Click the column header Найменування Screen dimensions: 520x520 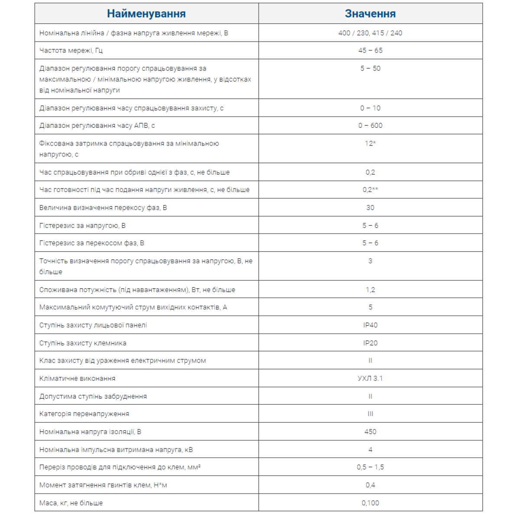pos(146,14)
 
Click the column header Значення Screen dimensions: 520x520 pos(370,14)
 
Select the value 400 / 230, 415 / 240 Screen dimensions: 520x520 pos(370,33)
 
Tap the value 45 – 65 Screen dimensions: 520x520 pos(370,51)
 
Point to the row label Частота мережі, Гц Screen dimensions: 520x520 pos(71,51)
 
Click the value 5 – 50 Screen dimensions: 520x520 pos(370,68)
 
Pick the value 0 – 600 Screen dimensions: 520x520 pos(370,126)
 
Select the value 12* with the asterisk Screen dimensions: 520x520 pos(370,143)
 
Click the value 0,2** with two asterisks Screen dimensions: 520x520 pos(370,190)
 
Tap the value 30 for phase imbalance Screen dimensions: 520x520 pos(370,208)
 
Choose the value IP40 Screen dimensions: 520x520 pos(370,325)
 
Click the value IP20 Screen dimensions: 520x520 pos(370,343)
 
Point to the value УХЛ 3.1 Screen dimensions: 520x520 pos(370,378)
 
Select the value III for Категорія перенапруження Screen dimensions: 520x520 pos(370,414)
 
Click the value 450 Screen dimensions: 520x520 pos(370,432)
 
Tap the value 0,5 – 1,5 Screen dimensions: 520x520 pos(370,467)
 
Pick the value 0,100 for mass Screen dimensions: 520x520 pos(370,503)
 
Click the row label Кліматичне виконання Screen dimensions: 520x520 pos(78,378)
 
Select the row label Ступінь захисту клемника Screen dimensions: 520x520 pos(83,343)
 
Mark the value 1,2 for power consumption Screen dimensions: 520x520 pos(370,289)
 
